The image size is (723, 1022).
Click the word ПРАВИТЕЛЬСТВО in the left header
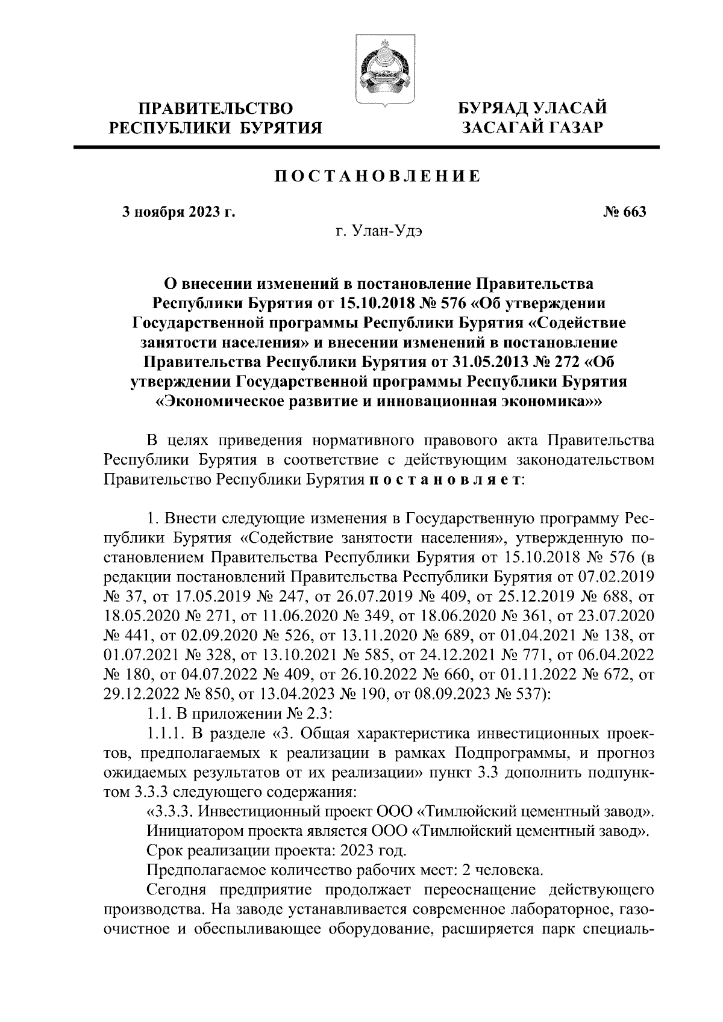tap(216, 109)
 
